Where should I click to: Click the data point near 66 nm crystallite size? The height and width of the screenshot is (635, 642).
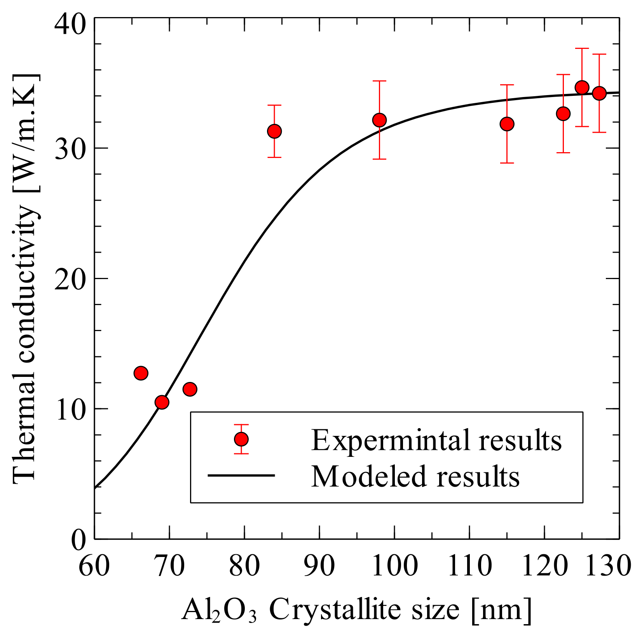[x=141, y=373]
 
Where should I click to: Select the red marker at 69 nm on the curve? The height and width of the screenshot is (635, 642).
[x=162, y=403]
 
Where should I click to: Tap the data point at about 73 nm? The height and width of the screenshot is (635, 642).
[x=190, y=389]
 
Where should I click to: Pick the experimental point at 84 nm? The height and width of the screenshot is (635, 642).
[x=274, y=131]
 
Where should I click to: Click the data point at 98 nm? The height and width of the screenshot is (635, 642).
[x=379, y=120]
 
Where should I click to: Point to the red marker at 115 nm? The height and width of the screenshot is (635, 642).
[x=507, y=124]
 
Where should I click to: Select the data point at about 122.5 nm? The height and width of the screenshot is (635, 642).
[x=563, y=113]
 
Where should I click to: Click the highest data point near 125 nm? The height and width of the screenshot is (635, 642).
[x=582, y=87]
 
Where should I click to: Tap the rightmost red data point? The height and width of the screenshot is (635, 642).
[x=599, y=93]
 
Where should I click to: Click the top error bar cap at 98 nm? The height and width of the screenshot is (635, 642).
[x=379, y=81]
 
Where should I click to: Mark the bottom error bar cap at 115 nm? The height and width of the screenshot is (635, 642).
[x=507, y=163]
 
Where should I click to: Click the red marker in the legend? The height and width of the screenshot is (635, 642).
[x=241, y=439]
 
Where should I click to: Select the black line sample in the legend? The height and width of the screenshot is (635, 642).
[x=241, y=475]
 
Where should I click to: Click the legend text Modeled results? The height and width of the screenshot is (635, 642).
[x=415, y=476]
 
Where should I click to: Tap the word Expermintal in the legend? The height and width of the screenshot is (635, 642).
[x=391, y=440]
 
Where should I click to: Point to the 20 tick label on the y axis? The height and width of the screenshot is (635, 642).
[x=70, y=279]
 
